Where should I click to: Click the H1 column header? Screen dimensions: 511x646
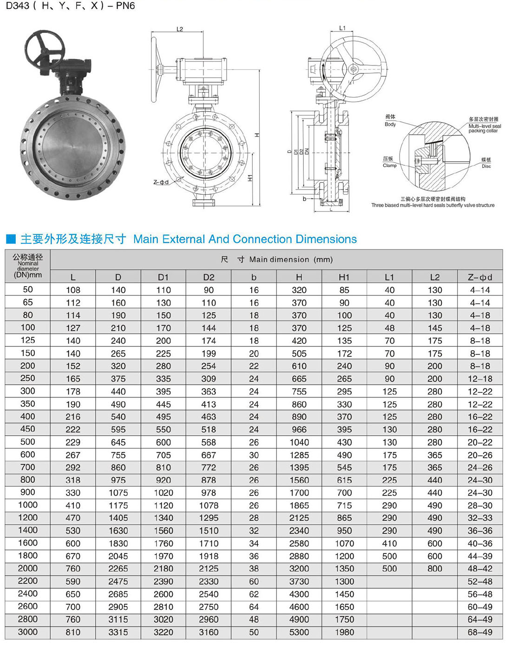point(344,277)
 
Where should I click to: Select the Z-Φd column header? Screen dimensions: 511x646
point(480,277)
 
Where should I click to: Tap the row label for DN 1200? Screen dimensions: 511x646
point(27,517)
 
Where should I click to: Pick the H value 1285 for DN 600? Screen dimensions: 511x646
point(299,455)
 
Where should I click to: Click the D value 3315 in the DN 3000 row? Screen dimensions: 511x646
point(118,632)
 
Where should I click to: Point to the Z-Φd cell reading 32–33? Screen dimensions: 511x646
point(480,518)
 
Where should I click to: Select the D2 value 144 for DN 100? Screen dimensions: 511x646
point(209,328)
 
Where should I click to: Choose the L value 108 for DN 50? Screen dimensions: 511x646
point(73,290)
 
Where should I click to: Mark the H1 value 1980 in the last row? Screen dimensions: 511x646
point(344,632)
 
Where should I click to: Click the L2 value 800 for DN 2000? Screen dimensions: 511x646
point(435,568)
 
